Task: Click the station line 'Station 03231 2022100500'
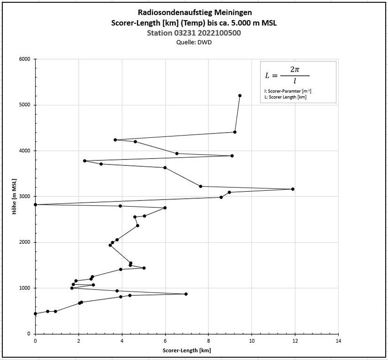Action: point(194,33)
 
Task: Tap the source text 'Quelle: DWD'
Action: point(194,42)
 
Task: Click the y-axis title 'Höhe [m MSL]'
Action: point(15,196)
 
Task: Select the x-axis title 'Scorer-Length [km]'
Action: point(186,351)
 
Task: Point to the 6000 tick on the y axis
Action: point(24,59)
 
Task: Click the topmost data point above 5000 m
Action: point(240,96)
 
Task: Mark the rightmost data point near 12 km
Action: point(293,189)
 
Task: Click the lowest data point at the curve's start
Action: point(35,314)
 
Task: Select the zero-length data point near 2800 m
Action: point(35,205)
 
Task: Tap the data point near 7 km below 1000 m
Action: point(186,294)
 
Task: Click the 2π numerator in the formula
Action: point(295,69)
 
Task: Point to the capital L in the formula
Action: point(268,75)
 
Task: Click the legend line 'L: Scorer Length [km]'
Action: point(286,97)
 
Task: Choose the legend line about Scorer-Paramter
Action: point(288,91)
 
